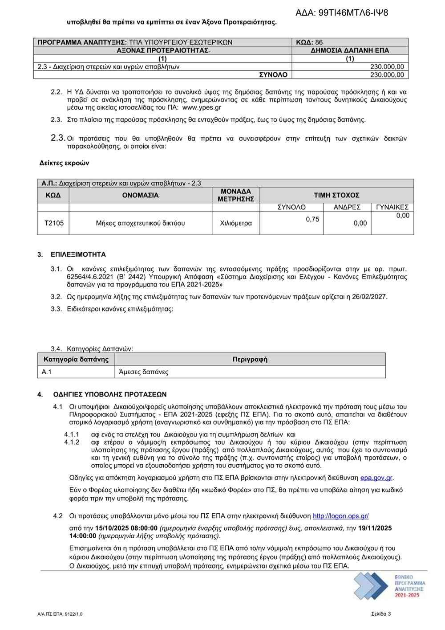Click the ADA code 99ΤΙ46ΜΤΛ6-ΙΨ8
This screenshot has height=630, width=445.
[342, 12]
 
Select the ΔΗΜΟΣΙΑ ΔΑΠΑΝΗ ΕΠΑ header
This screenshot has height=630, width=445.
[350, 50]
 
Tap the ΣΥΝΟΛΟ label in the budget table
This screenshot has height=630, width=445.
[273, 75]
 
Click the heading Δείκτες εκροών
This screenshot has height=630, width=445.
[65, 163]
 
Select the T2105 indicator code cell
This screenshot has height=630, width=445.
[54, 223]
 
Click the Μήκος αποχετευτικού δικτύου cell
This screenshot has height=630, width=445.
[140, 223]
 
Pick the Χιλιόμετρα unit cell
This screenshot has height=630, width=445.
[236, 223]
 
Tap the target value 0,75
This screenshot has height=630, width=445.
[312, 219]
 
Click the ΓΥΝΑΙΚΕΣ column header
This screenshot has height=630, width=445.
[392, 207]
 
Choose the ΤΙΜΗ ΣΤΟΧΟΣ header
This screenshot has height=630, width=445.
[336, 195]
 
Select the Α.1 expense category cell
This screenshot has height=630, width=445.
[47, 372]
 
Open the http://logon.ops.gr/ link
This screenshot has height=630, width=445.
[340, 516]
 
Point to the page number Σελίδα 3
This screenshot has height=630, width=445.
[381, 614]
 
